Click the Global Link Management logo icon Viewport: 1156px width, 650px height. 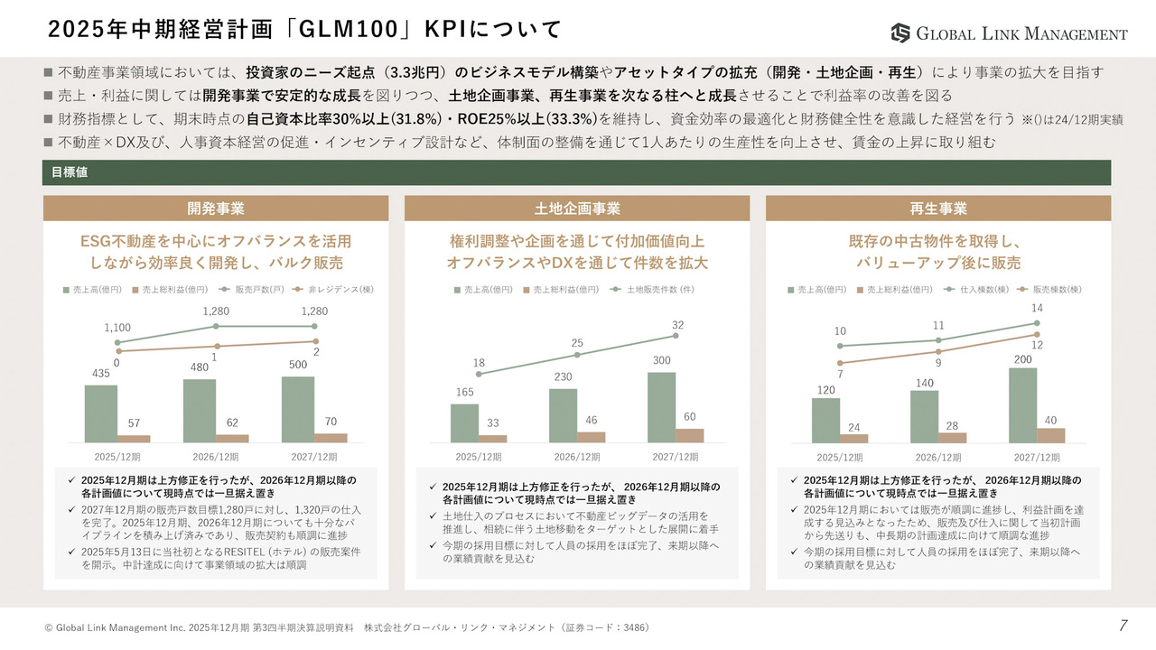(900, 33)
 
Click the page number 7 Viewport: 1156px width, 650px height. (1123, 626)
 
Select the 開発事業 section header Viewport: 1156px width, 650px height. (216, 209)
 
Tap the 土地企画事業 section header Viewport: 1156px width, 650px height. (577, 209)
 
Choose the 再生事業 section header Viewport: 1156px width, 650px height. (938, 209)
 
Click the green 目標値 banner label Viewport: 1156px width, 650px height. (70, 172)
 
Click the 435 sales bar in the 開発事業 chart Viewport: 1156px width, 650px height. (101, 413)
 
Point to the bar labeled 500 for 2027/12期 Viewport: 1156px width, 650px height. (298, 409)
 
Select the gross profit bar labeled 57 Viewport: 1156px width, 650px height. (134, 439)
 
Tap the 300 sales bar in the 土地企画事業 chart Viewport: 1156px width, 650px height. (661, 407)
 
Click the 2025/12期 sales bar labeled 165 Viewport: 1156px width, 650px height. (464, 422)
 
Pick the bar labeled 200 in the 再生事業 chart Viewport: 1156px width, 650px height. (1022, 405)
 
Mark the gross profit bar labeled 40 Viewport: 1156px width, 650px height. (1051, 435)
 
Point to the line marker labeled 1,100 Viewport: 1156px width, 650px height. (117, 342)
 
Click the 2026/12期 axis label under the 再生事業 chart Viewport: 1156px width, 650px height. (938, 457)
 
